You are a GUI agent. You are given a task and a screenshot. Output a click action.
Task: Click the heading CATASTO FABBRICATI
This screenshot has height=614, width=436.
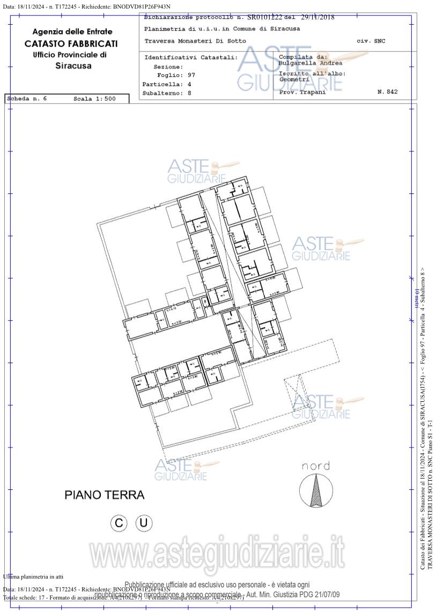point(71,44)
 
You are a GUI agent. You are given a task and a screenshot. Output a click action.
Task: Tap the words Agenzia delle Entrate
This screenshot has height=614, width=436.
point(72,32)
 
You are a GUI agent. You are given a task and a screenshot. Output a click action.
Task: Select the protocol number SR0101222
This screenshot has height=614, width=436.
point(264,17)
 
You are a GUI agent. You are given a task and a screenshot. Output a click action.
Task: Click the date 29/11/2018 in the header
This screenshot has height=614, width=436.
point(317,17)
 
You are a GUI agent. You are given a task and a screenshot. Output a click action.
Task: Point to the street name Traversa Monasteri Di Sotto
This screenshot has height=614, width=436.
point(195,41)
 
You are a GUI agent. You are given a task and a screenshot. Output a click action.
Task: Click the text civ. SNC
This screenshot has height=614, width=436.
point(371,41)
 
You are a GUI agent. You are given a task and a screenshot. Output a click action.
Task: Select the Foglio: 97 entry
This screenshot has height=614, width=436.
point(176,75)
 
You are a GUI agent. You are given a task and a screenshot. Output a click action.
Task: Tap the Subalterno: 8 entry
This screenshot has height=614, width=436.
point(167,93)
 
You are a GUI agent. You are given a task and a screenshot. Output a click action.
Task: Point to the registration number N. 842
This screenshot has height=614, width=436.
point(387,92)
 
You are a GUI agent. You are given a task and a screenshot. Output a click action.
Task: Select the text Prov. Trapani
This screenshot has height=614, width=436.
point(302,92)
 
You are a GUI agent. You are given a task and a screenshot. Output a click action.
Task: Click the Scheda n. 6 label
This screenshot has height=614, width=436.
point(27,99)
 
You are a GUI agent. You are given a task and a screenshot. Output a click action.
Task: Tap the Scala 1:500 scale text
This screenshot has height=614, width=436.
point(94,99)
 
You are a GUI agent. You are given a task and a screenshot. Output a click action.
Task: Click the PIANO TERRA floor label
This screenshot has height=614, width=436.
point(104,495)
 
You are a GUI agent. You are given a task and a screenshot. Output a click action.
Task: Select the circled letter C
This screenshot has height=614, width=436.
point(119,523)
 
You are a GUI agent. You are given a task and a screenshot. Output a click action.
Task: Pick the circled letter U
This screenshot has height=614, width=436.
point(144,523)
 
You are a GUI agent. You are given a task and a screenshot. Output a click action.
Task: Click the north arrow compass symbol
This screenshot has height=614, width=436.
point(314,491)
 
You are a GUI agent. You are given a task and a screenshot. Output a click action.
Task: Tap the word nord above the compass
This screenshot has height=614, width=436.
point(315,466)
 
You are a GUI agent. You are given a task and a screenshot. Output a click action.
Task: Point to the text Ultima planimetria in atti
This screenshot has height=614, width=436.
point(33,576)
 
